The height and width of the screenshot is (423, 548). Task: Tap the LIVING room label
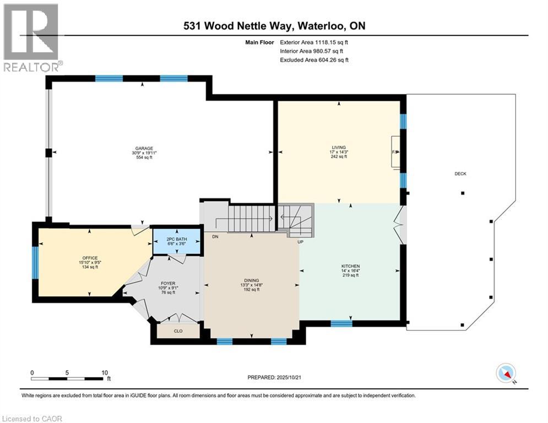tap(338, 148)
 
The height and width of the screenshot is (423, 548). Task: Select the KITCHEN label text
tap(349, 266)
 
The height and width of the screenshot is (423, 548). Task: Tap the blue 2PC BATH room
tap(176, 241)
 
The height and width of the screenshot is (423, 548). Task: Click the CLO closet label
tap(177, 332)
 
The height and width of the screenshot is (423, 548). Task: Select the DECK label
tap(460, 174)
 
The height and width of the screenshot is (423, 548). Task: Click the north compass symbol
tap(506, 374)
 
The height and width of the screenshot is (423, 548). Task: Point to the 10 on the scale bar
tap(105, 372)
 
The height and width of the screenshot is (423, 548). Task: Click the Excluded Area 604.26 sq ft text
tap(314, 60)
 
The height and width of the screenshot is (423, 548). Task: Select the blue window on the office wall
tap(34, 263)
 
